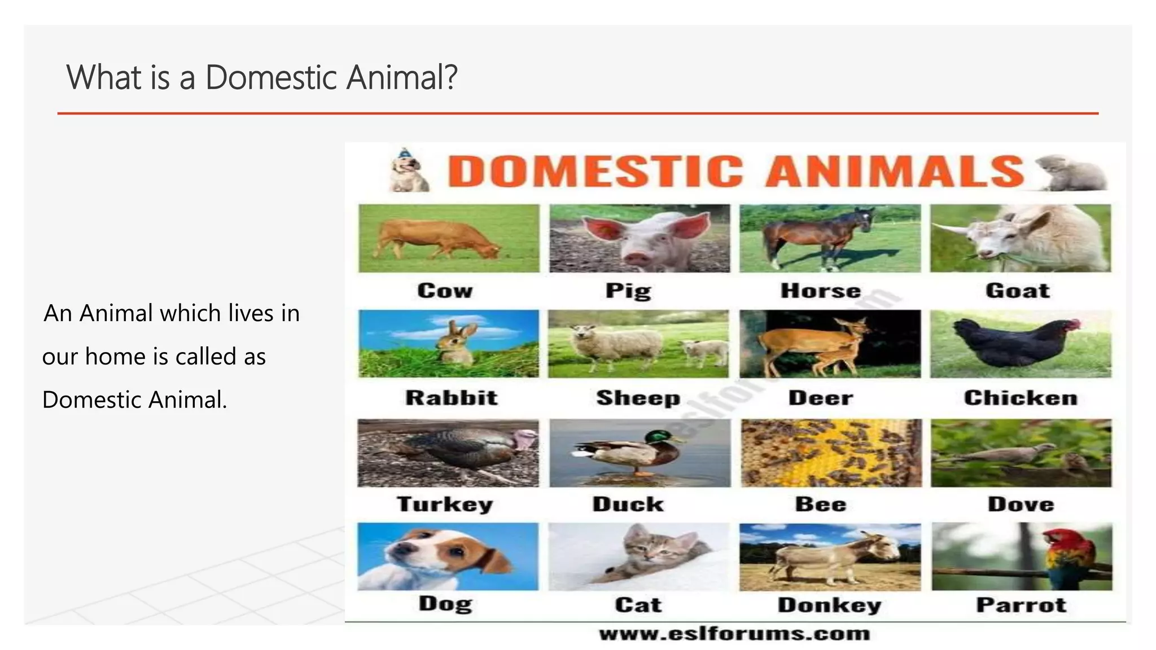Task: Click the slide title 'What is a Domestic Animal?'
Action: [261, 77]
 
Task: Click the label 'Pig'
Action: [628, 291]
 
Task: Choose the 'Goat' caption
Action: [1018, 291]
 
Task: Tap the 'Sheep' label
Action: [638, 398]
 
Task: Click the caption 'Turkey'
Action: [445, 504]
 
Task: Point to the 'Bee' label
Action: [821, 504]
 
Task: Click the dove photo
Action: [1021, 453]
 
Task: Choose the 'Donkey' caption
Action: [829, 605]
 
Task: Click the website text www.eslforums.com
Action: [734, 634]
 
